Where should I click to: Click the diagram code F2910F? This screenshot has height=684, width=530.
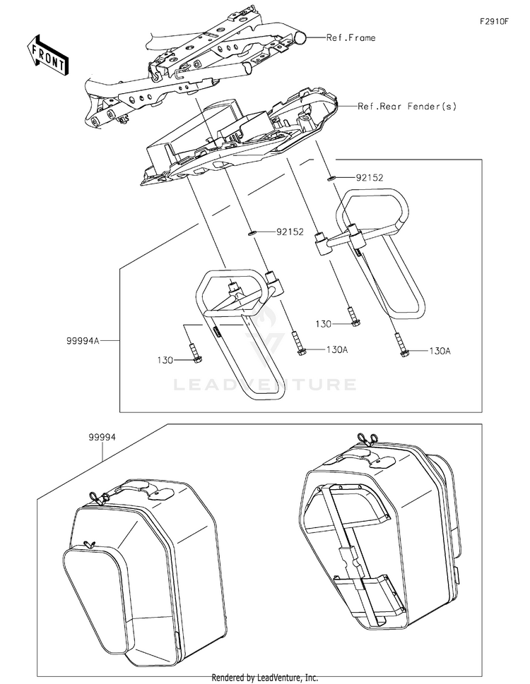(x=495, y=22)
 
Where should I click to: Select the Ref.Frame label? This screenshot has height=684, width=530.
(x=351, y=37)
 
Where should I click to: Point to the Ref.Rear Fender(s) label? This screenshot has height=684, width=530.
(x=407, y=107)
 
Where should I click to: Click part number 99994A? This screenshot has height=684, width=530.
(x=83, y=340)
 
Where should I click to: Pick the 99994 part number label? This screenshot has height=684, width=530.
(x=102, y=438)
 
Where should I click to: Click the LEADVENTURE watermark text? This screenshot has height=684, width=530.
(x=265, y=385)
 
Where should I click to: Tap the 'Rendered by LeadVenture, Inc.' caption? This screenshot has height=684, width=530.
(x=265, y=677)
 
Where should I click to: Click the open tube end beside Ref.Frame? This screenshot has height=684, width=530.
(x=300, y=37)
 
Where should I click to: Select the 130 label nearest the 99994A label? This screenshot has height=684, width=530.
(x=165, y=360)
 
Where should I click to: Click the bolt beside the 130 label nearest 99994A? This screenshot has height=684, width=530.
(x=196, y=353)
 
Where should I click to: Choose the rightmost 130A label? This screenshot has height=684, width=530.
(x=439, y=350)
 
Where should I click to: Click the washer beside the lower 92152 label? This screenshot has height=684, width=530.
(x=251, y=231)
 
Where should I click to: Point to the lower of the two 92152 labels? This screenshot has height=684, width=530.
(x=290, y=231)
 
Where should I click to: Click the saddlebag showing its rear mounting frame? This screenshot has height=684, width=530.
(x=382, y=536)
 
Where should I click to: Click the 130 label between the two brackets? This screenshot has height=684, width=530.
(x=323, y=323)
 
